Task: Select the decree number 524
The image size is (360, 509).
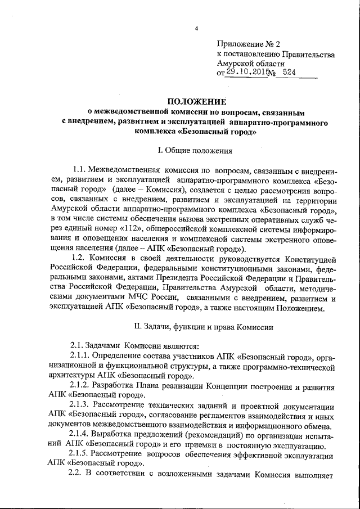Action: [x=287, y=73]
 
